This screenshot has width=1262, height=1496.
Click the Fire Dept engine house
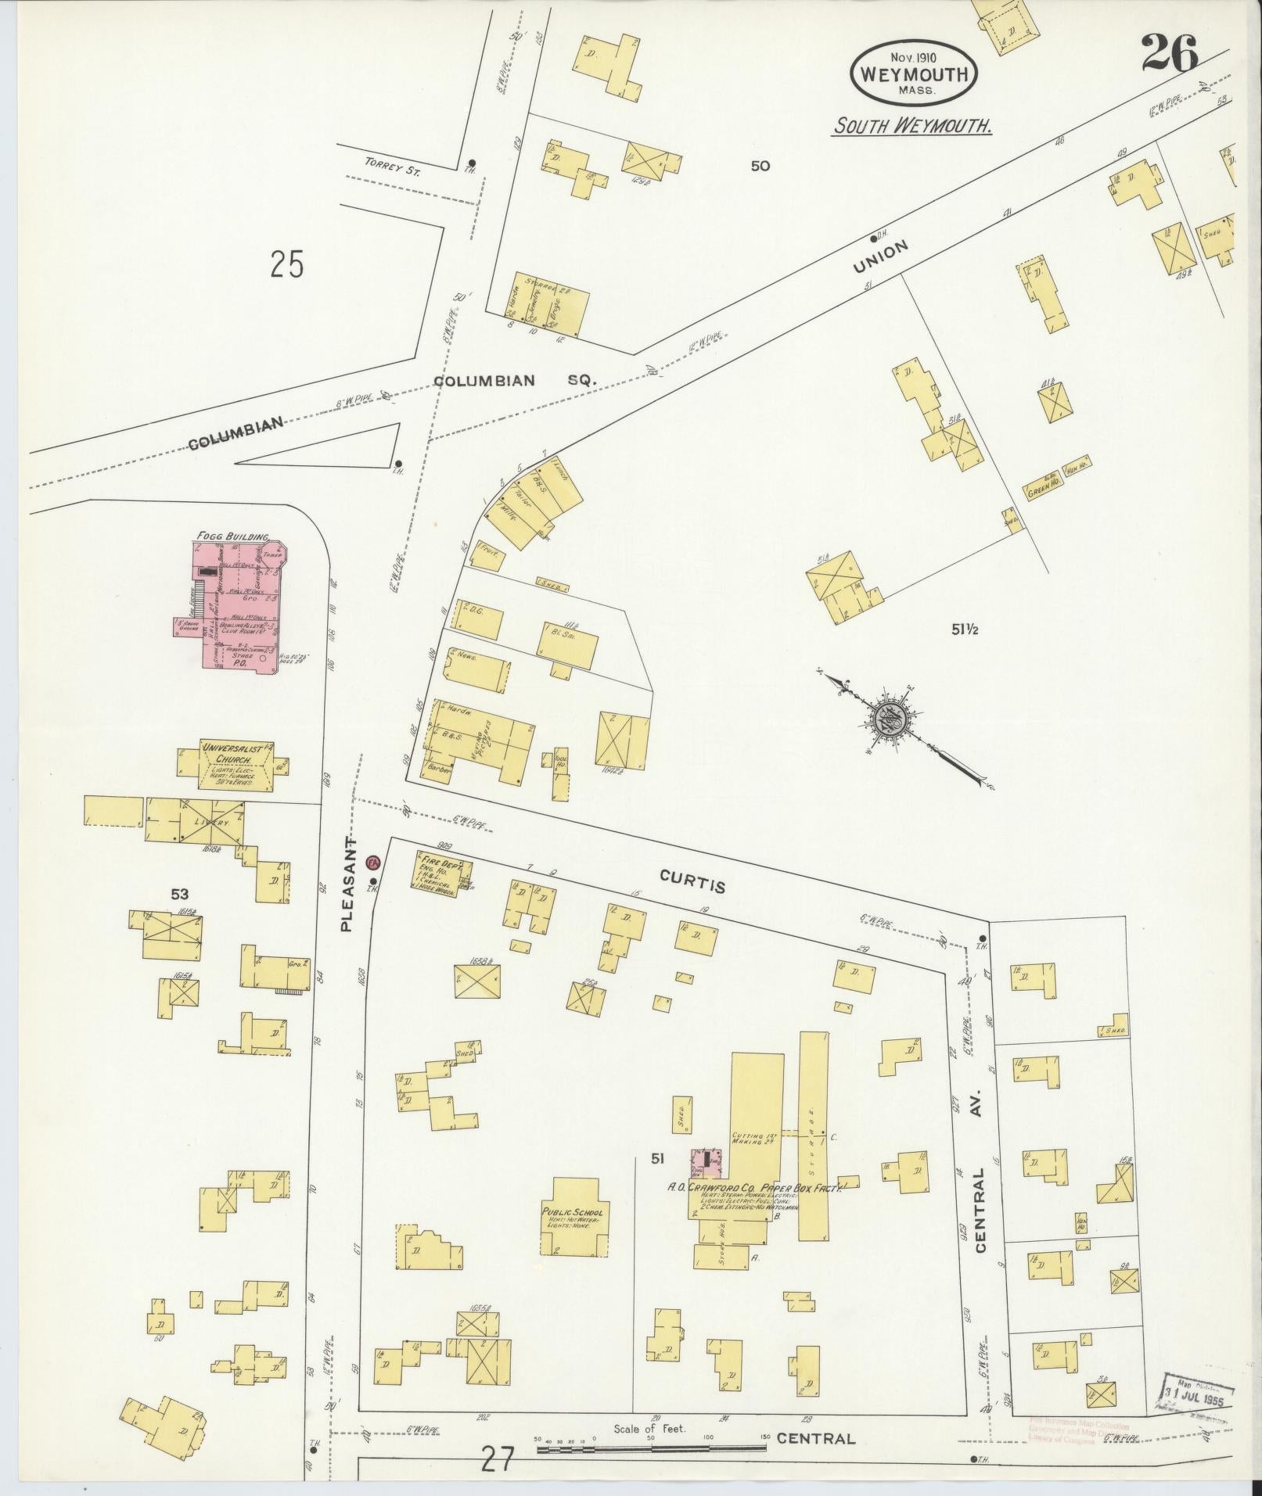(435, 871)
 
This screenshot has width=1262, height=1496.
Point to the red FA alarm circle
(373, 863)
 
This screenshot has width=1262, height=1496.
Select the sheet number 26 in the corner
(1169, 55)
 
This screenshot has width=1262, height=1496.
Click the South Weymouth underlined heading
(911, 125)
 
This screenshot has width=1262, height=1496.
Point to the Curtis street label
(692, 881)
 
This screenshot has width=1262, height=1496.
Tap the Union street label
(882, 257)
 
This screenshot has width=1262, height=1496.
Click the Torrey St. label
(392, 169)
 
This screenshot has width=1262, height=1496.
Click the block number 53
(179, 893)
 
